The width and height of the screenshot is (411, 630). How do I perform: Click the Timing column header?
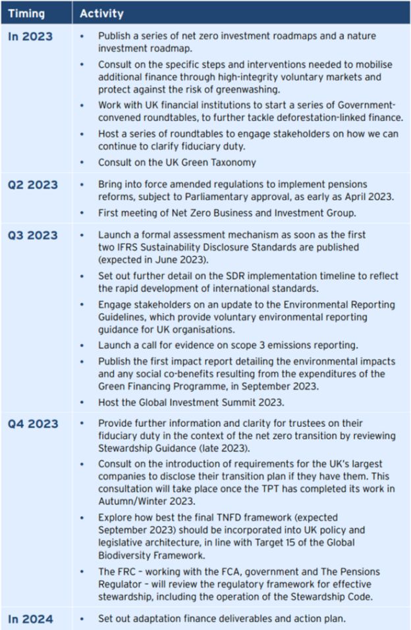(26, 13)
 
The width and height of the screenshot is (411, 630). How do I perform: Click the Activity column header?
(101, 13)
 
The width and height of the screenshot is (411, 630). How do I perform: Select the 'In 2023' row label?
(30, 37)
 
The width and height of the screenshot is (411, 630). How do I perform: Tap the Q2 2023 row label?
(32, 185)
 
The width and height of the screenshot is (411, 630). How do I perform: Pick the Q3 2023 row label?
(32, 235)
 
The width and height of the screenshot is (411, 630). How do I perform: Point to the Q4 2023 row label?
(32, 424)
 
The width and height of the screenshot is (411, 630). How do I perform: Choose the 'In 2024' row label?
(30, 619)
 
